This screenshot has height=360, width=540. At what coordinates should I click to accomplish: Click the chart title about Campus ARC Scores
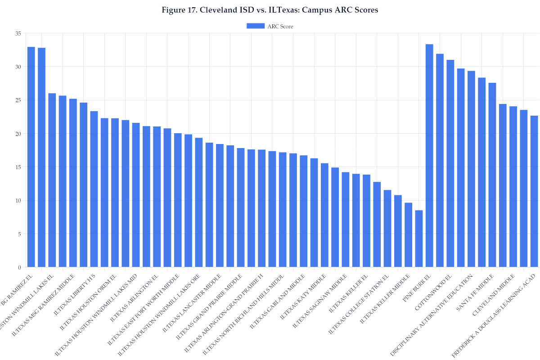[x=270, y=10]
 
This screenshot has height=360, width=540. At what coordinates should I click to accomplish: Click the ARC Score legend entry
[x=270, y=26]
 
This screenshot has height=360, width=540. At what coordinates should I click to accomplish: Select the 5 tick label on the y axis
[x=19, y=234]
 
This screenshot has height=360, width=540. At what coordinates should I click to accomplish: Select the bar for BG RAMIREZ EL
[x=31, y=157]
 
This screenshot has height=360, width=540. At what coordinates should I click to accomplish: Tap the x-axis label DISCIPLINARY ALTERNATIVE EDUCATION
[x=432, y=315]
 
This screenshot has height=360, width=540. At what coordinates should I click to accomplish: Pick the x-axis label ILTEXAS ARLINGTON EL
[x=135, y=293]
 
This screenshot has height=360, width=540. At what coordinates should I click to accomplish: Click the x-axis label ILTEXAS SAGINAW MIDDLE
[x=321, y=299]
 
